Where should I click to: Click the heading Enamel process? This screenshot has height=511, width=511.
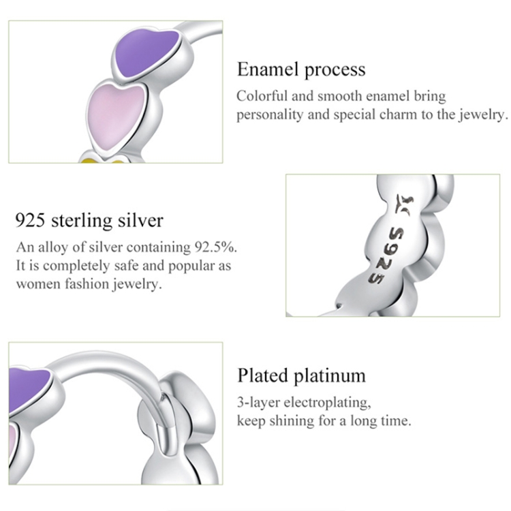point(300,69)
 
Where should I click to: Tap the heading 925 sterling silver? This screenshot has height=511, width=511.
point(89,221)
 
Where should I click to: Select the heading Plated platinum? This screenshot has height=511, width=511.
point(301,375)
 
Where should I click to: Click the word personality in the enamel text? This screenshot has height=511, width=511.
point(270,114)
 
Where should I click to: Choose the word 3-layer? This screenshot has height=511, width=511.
point(255,401)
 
